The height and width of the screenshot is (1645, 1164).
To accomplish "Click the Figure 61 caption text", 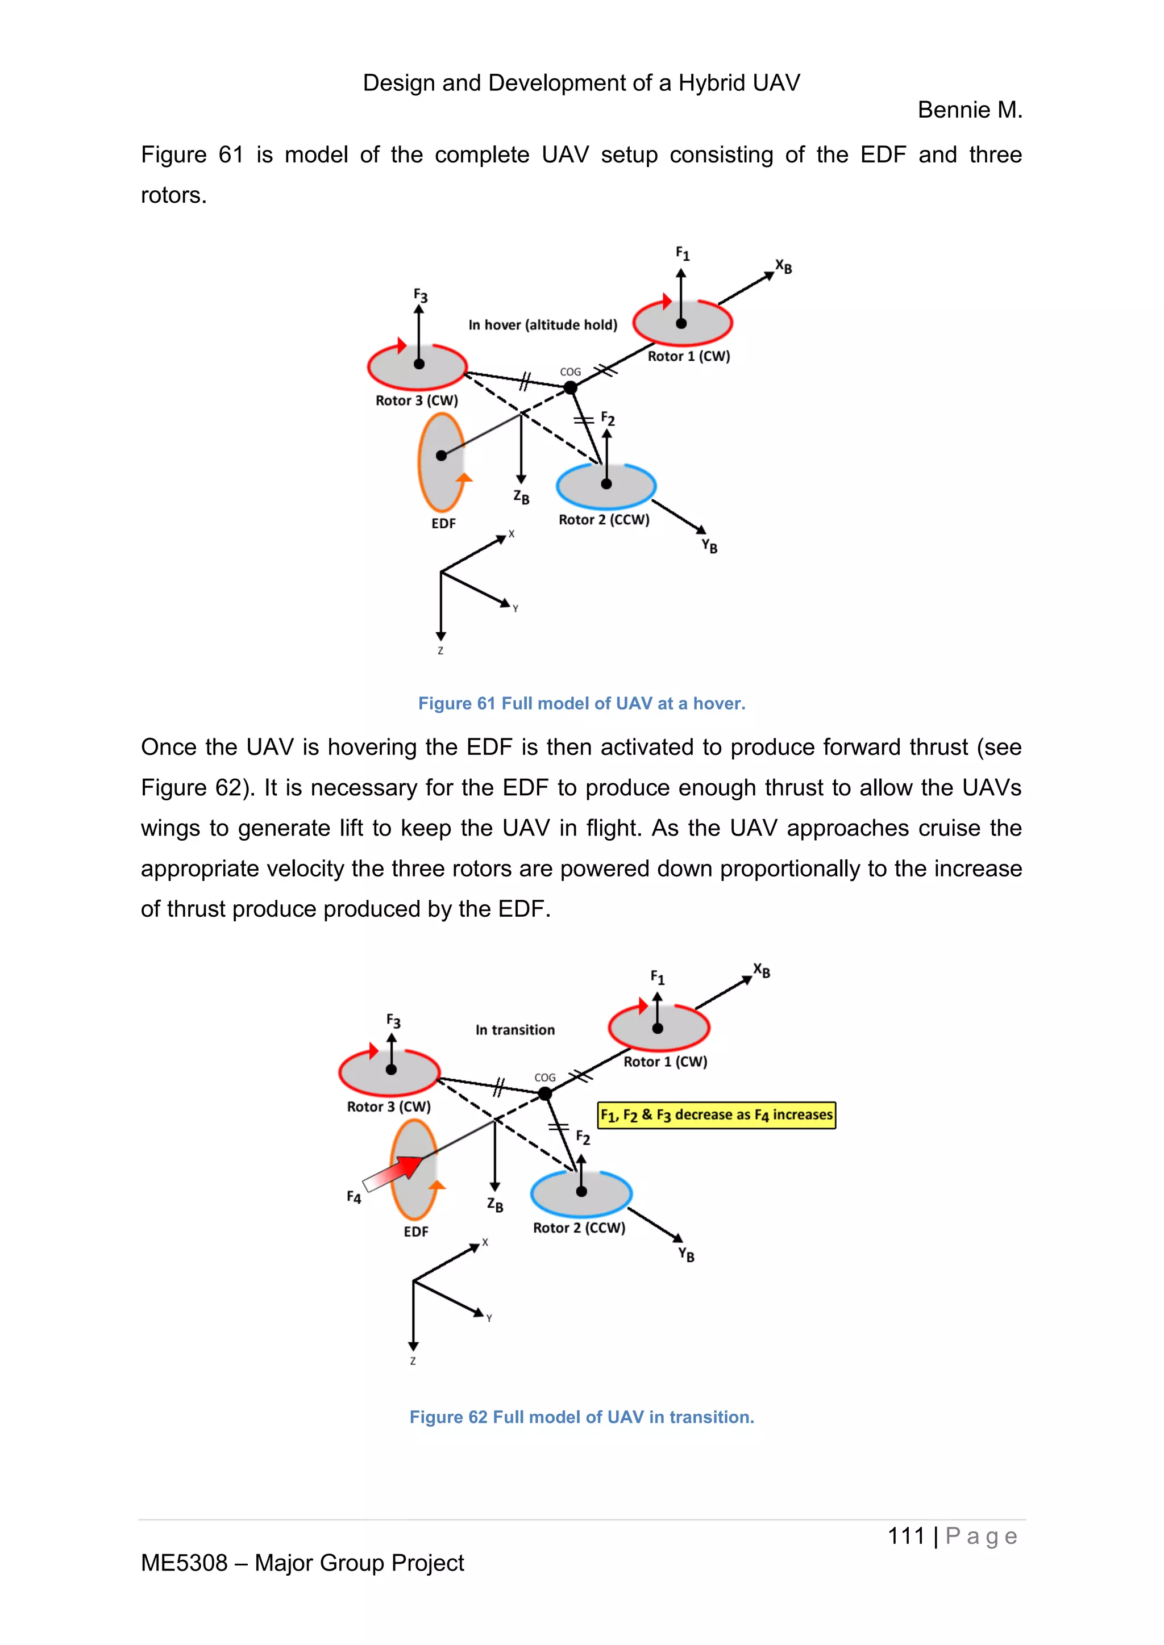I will coord(581,704).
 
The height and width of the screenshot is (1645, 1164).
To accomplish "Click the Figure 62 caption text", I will coord(581,1417).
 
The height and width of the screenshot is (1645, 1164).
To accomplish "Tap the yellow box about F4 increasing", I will coord(717,1115).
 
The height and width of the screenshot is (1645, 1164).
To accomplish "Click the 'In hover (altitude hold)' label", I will coord(543,324).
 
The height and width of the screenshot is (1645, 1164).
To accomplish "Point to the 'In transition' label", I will coord(514,1030).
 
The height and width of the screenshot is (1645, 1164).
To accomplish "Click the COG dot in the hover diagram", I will coord(571,387).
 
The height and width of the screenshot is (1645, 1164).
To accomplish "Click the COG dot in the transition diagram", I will coord(544,1093).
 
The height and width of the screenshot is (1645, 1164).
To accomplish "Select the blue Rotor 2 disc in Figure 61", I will coord(606,486).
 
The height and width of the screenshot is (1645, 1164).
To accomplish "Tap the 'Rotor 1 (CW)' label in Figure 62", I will coord(665,1061).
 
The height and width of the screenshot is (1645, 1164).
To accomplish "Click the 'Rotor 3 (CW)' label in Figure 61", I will coord(417,400).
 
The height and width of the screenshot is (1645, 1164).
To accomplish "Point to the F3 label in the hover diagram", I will coord(420,295).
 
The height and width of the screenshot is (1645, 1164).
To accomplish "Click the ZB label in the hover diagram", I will coord(521,496).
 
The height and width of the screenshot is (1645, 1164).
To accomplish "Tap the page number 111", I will coord(906,1536).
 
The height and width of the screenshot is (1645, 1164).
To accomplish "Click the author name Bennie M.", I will coord(969,110).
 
